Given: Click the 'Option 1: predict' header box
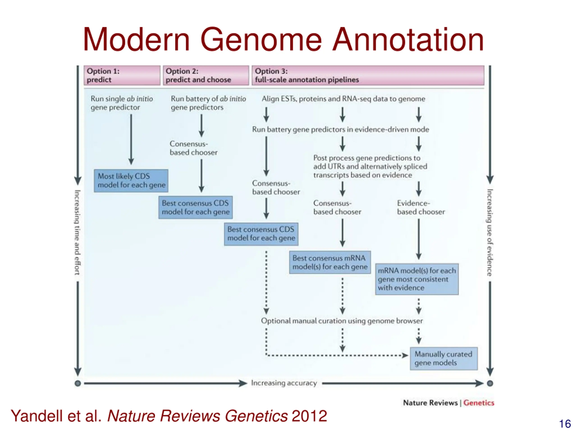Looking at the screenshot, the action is coord(122,75).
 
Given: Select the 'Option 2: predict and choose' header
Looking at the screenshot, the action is coord(206,75).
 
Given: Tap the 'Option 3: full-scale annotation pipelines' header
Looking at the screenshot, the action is coord(368,75).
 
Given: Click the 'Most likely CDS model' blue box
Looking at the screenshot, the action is coord(131,181).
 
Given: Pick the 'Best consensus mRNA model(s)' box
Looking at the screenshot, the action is coord(330,262).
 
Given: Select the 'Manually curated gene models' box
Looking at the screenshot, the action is coord(443,358).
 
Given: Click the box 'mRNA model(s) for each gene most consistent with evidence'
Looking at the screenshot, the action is coord(417,279).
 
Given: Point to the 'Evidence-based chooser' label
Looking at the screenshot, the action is coord(421,207).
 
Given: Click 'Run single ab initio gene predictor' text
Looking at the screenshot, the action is coord(121,103).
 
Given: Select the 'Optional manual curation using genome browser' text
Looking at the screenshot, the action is coord(342,321).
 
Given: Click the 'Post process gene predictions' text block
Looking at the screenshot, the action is coord(370,166).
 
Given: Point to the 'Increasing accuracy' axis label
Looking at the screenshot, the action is coord(284,383).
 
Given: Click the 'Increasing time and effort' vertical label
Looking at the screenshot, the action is coord(78,232).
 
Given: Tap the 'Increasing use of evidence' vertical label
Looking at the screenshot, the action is coord(490,232).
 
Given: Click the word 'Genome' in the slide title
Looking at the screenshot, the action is coord(261,40).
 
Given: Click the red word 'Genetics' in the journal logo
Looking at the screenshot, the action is coord(479,403).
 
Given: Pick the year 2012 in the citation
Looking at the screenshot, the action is coord(309,416).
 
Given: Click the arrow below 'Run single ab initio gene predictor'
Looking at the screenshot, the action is coord(131,140).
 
